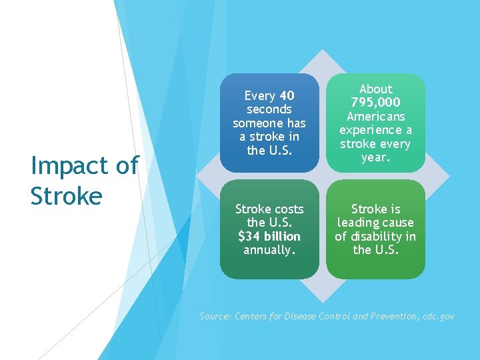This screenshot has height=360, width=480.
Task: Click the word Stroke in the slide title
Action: [66, 195]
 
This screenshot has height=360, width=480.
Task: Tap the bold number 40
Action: [287, 96]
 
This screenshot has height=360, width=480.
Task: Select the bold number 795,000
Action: [375, 103]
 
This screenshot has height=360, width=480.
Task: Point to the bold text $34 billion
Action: [269, 237]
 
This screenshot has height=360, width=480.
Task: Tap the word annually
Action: [269, 250]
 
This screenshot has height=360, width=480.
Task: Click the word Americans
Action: [375, 117]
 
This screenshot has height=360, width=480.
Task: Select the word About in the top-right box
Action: [375, 89]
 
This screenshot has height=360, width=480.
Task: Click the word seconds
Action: [269, 109]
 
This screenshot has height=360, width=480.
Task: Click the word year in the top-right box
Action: [374, 158]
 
